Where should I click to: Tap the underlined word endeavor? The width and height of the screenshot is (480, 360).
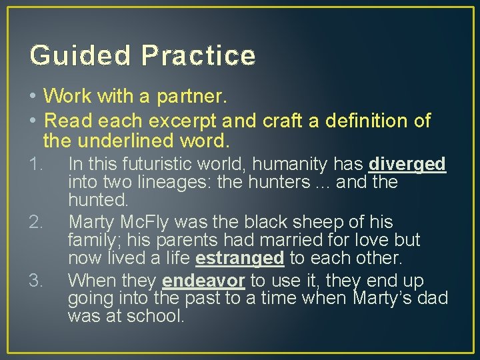coord(203,280)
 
